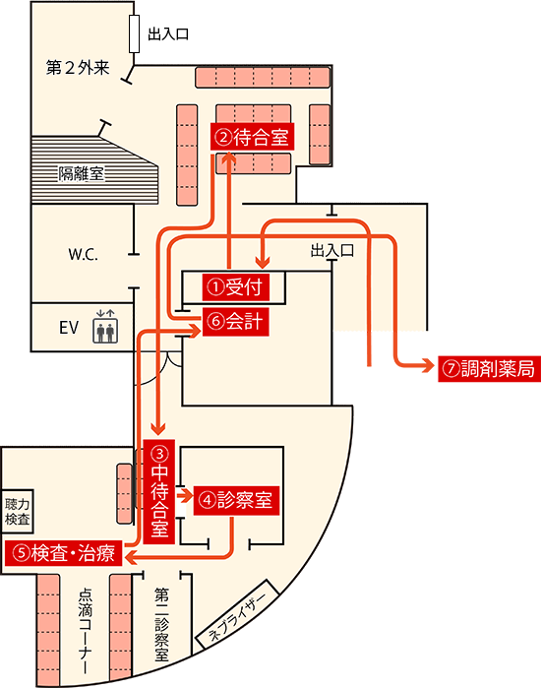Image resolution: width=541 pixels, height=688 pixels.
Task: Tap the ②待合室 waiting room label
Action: coord(254,137)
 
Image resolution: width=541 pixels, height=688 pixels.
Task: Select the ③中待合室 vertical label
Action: coord(159,490)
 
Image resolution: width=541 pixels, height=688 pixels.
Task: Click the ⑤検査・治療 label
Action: coord(62,553)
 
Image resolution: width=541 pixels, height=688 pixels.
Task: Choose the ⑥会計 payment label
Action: coord(235,321)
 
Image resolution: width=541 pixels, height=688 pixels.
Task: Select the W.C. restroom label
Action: coord(84,253)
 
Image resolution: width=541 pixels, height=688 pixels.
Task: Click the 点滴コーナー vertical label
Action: coord(86,630)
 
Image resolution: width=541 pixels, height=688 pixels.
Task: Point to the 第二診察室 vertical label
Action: coord(162,624)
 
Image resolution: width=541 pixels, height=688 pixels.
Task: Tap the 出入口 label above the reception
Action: coord(331,251)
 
